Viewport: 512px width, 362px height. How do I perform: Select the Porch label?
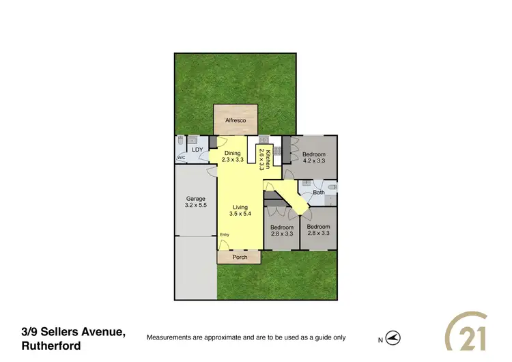pyautogui.click(x=240, y=257)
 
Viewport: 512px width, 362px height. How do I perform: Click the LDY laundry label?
pyautogui.click(x=197, y=149)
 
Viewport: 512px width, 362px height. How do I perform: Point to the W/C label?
pyautogui.click(x=181, y=158)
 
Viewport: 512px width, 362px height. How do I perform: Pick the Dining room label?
pyautogui.click(x=233, y=153)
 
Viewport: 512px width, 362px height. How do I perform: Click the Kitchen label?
pyautogui.click(x=268, y=158)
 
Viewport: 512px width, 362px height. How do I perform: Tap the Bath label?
pyautogui.click(x=319, y=193)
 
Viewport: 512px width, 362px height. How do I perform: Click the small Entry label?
pyautogui.click(x=225, y=235)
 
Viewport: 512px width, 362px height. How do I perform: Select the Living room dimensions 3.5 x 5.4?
pyautogui.click(x=240, y=214)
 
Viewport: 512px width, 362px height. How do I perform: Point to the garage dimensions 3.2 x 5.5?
pyautogui.click(x=195, y=205)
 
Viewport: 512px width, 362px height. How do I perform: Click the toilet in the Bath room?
pyautogui.click(x=332, y=187)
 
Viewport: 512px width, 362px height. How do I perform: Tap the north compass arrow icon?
pyautogui.click(x=392, y=338)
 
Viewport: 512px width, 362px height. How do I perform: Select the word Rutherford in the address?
pyautogui.click(x=51, y=346)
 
